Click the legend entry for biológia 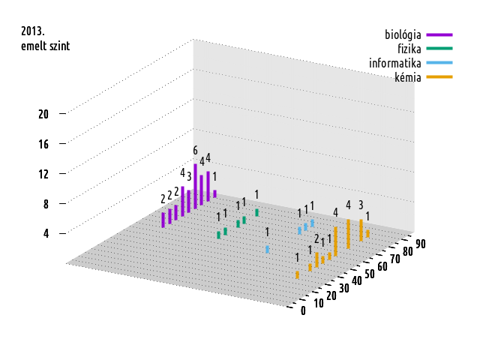coord(402,34)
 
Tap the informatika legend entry coord(394,62)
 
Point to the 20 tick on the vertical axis coord(43,114)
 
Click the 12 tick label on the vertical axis coord(43,173)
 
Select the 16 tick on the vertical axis coord(43,143)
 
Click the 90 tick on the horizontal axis coord(420,242)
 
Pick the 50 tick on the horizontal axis coord(369,273)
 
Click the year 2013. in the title coord(33,32)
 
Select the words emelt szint coord(45,46)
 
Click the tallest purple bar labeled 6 coord(195,184)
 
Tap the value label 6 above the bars coord(195,151)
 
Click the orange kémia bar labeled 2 coord(316,259)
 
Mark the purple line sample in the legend coord(439,34)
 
